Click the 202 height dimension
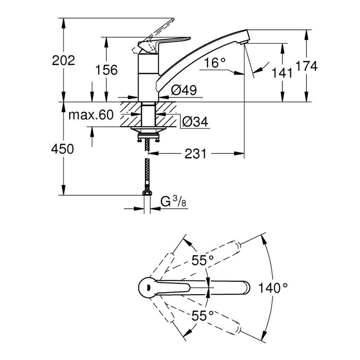(63, 60)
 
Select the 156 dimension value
(106, 70)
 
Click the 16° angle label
(215, 63)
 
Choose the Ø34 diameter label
(195, 121)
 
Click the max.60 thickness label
(91, 115)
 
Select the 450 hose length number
(62, 149)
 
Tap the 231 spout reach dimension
(195, 154)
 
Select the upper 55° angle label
(203, 260)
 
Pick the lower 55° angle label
(203, 316)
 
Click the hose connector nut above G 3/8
(147, 192)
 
